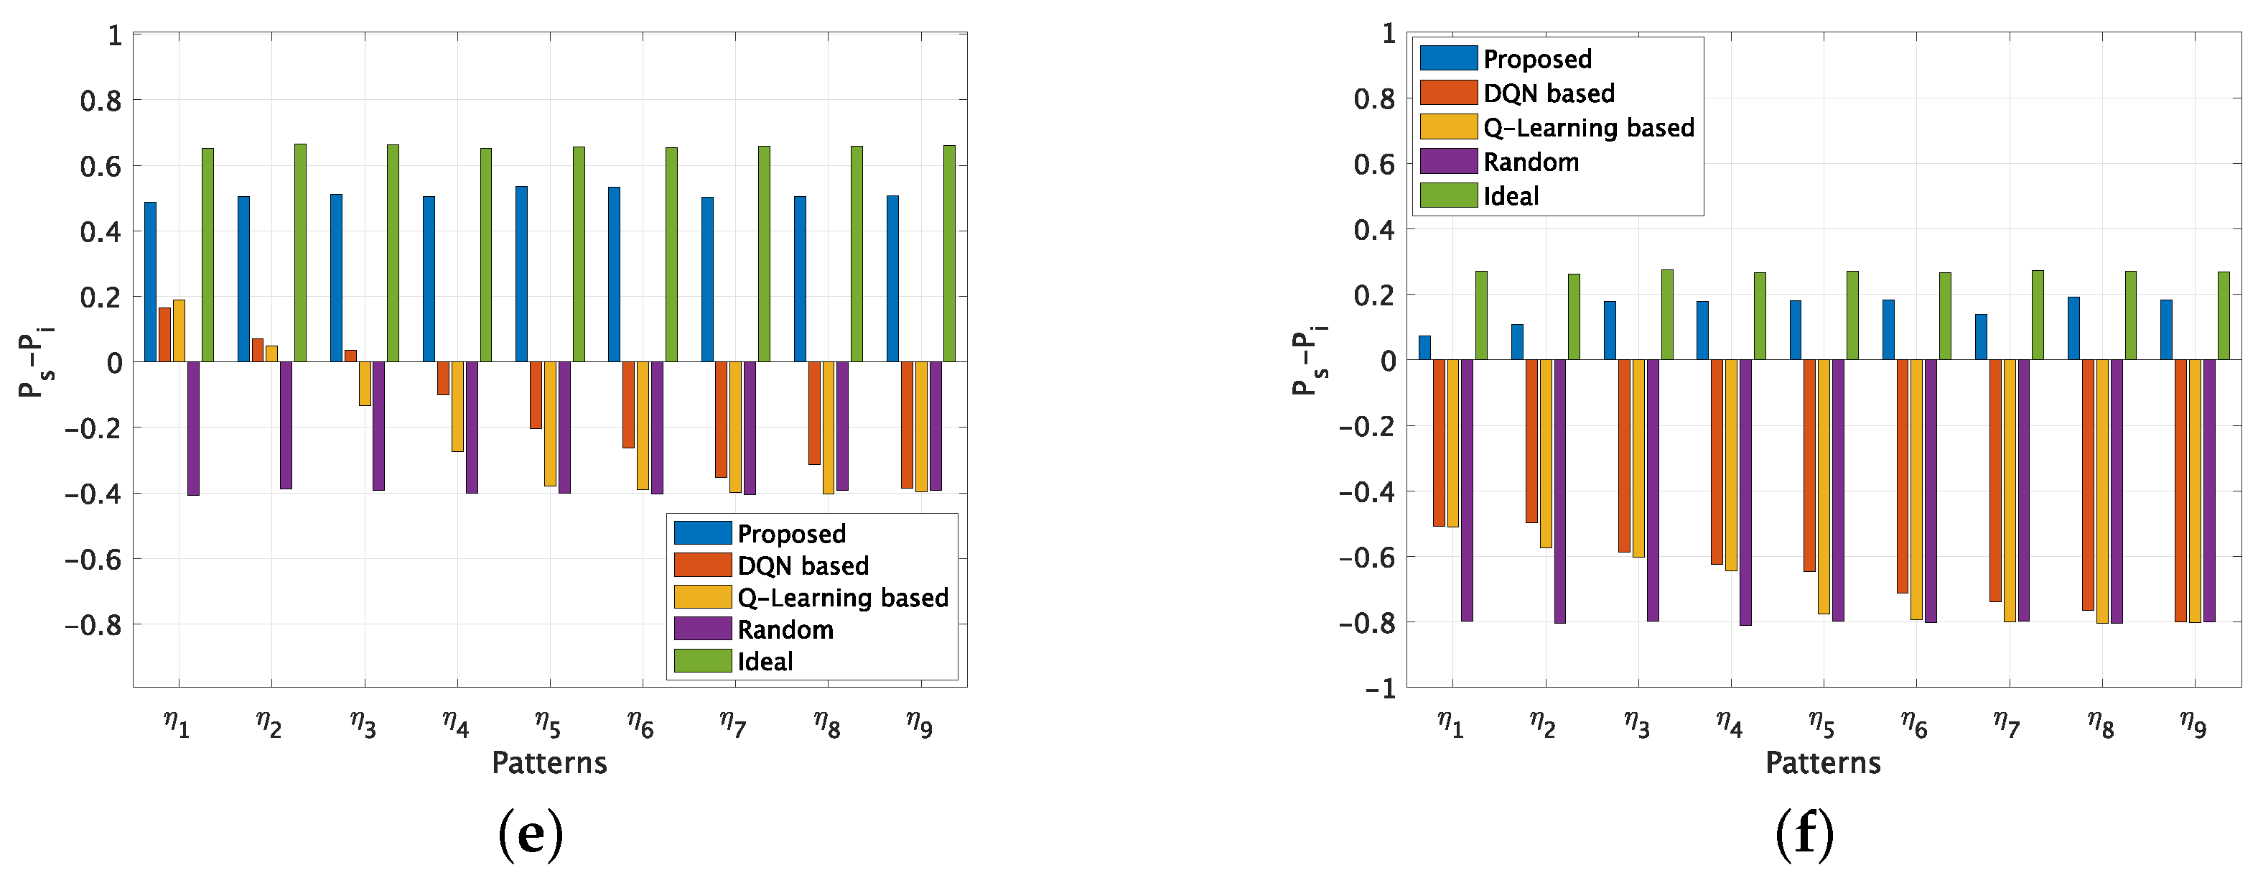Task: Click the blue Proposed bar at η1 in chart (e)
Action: tap(151, 282)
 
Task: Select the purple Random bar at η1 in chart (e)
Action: tap(193, 428)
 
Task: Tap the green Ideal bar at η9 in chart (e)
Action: tap(949, 254)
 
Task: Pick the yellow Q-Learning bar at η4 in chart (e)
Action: tap(457, 406)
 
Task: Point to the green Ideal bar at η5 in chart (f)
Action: tap(1852, 315)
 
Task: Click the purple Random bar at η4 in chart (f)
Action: tap(1745, 492)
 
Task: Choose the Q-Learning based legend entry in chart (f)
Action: tap(1587, 128)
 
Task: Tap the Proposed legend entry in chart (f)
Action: tap(1536, 59)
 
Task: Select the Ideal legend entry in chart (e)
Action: tap(765, 661)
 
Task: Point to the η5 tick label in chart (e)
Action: tap(548, 724)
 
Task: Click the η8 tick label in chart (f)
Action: tap(2100, 724)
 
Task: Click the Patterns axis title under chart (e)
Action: tap(549, 763)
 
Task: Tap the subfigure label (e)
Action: tap(531, 834)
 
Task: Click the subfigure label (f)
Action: tap(1804, 834)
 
